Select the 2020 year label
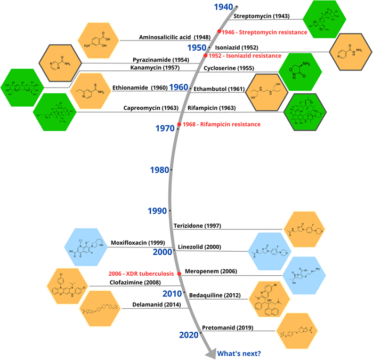coord(189,334)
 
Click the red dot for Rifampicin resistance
coord(179,124)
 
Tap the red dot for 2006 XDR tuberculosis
coord(180,273)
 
